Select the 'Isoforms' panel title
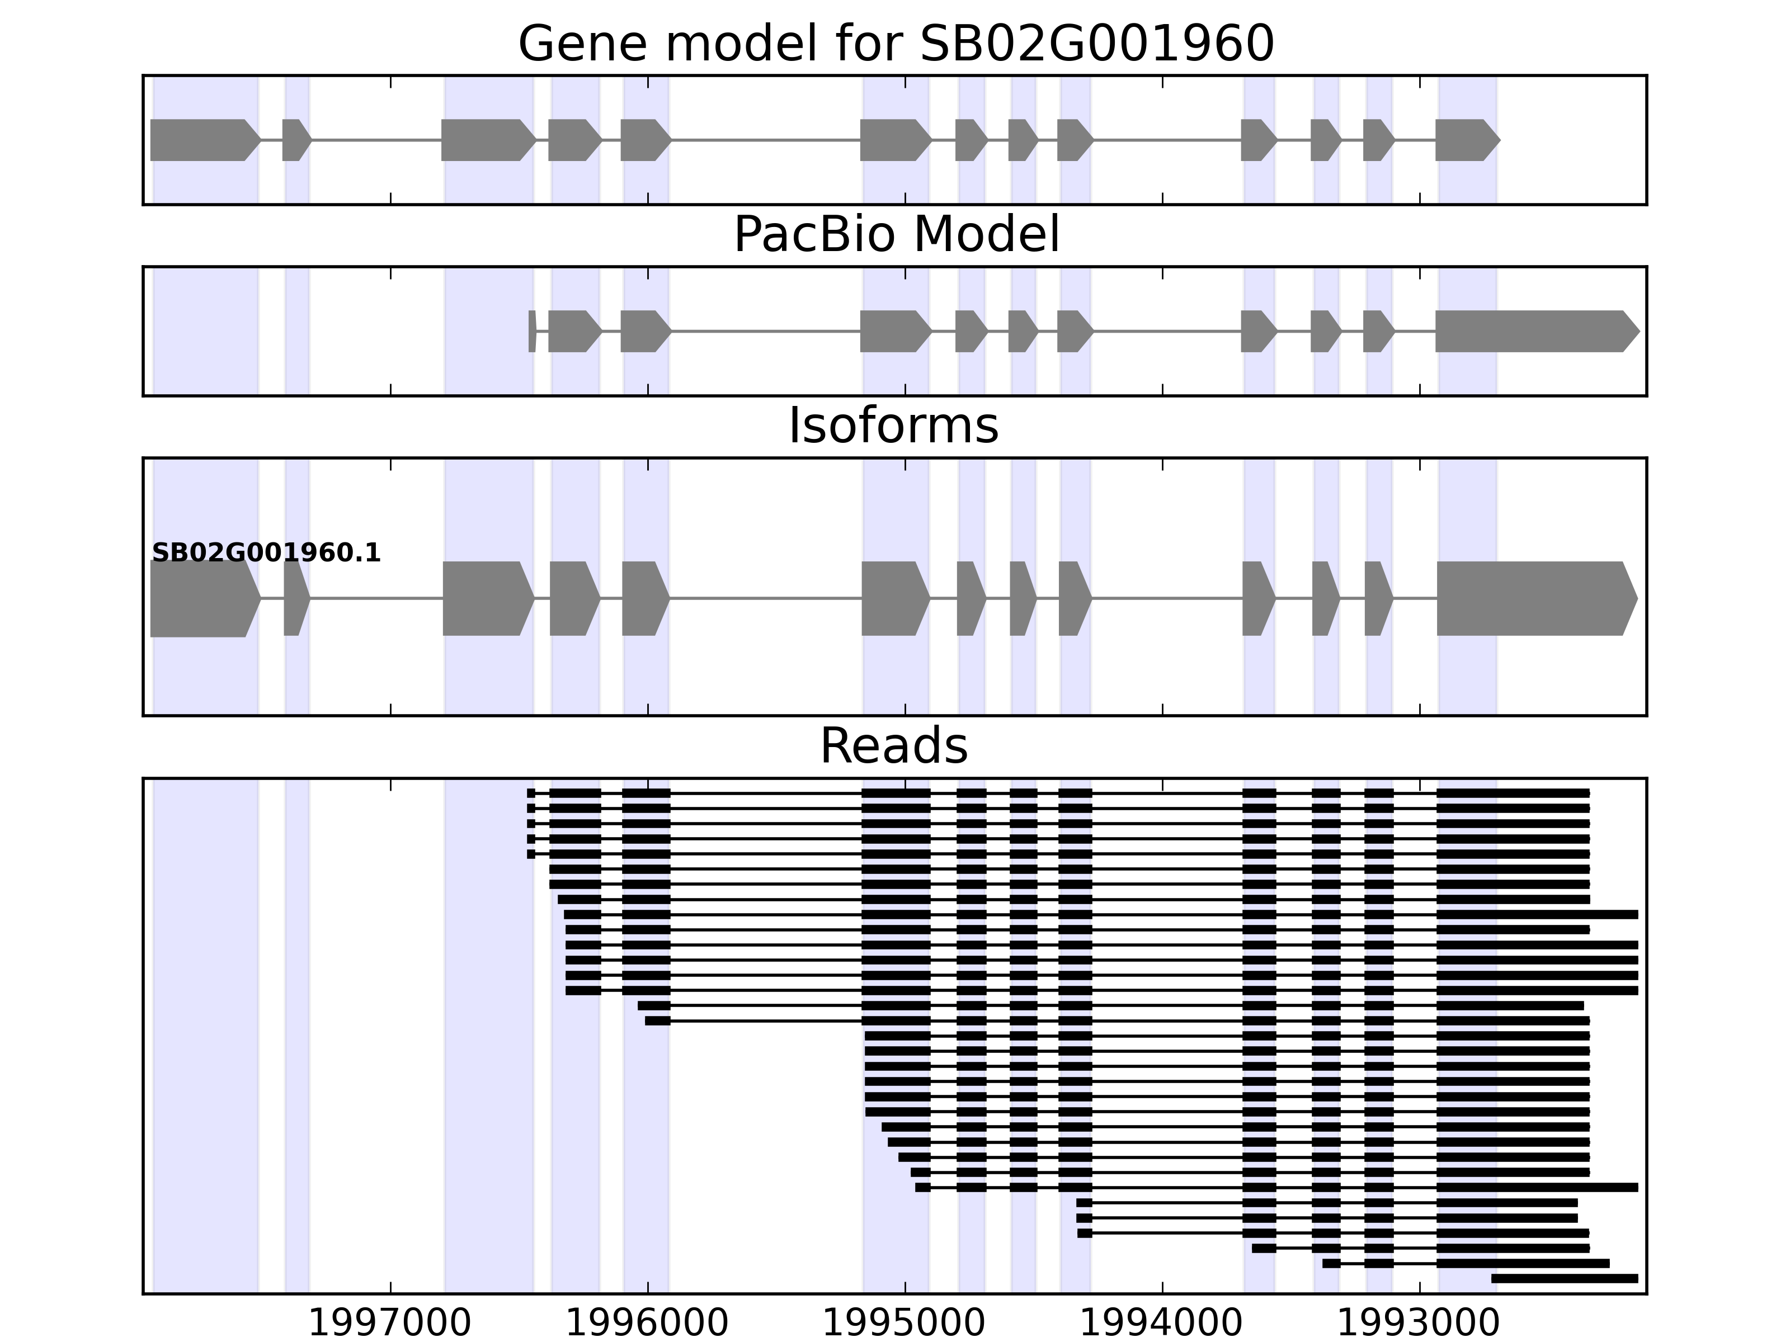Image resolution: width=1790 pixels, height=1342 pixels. click(893, 426)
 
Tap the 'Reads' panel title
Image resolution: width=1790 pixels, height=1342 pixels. click(893, 746)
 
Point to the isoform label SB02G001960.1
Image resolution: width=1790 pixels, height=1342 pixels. click(266, 554)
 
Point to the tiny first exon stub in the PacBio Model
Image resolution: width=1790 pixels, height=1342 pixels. click(531, 331)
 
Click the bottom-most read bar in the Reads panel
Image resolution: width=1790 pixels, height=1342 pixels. click(1564, 1279)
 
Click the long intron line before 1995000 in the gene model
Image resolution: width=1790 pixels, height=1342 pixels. click(765, 140)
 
